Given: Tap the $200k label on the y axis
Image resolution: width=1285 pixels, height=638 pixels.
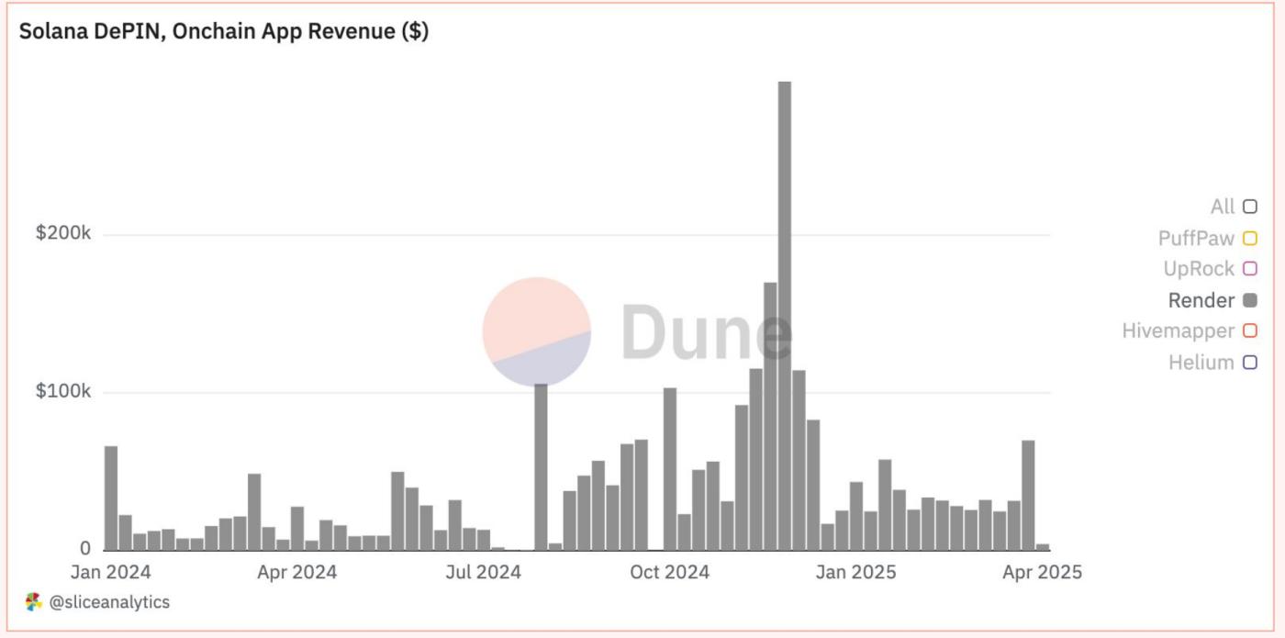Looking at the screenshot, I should point(63,233).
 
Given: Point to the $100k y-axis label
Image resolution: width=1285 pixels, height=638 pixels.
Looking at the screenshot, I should point(63,392).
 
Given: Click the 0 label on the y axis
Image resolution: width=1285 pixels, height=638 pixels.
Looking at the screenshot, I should point(85,549).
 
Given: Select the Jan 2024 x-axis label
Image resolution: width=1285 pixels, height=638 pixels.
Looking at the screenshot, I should point(111,572).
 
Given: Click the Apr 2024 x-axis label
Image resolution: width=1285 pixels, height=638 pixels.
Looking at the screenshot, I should point(296,572).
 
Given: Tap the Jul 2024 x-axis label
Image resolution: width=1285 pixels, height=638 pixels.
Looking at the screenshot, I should point(483,572).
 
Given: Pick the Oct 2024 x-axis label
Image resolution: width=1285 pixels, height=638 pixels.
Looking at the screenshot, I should point(670,572).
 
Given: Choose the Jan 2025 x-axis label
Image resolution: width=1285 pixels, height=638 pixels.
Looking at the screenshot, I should point(855,572).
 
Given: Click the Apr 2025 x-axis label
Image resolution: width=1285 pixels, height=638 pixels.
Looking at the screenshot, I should point(1041,572).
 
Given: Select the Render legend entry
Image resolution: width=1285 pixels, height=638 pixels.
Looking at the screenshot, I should point(1201,300).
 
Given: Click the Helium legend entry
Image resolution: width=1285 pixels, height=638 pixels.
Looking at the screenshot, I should point(1201,363).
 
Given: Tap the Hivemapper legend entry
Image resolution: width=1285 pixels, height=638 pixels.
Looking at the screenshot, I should point(1178,331).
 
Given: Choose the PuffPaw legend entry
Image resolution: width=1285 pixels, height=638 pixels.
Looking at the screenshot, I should point(1196,239).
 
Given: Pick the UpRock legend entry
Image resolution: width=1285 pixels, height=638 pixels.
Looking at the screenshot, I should point(1199,269).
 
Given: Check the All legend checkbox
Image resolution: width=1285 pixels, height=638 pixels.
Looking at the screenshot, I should point(1249,207).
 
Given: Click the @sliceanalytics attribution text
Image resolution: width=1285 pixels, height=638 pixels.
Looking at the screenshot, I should point(108,602).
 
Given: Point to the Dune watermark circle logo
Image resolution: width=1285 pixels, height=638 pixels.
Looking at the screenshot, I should point(537,331).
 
